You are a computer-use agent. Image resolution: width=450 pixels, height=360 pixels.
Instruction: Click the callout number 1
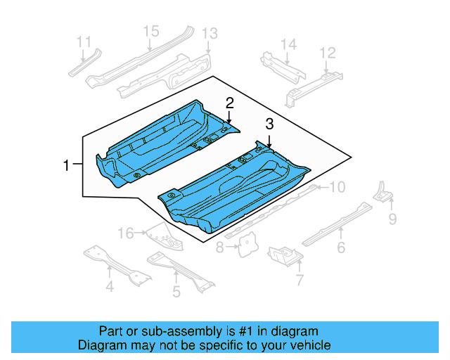pyautogui.click(x=66, y=166)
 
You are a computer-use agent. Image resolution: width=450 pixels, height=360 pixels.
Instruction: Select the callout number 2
pyautogui.click(x=229, y=103)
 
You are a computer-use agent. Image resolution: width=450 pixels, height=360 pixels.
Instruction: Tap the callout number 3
pyautogui.click(x=269, y=124)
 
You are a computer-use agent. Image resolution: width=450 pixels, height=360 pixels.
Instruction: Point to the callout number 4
pyautogui.click(x=110, y=285)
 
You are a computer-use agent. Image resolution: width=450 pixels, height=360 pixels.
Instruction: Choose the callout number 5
pyautogui.click(x=176, y=291)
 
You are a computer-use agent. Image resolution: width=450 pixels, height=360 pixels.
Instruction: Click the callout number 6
pyautogui.click(x=341, y=247)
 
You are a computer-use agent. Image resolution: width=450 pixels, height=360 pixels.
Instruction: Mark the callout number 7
pyautogui.click(x=300, y=281)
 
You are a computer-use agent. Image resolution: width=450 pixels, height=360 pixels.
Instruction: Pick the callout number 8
pyautogui.click(x=219, y=247)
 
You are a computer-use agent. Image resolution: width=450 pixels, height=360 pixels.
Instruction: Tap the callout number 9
pyautogui.click(x=392, y=221)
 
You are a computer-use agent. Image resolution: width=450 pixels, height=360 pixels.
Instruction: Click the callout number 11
pyautogui.click(x=84, y=41)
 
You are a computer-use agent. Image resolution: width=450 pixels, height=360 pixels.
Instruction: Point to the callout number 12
pyautogui.click(x=328, y=53)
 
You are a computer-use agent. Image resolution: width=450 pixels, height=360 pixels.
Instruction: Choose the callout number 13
pyautogui.click(x=210, y=34)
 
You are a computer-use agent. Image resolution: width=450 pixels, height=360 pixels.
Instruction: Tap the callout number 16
pyautogui.click(x=125, y=233)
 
